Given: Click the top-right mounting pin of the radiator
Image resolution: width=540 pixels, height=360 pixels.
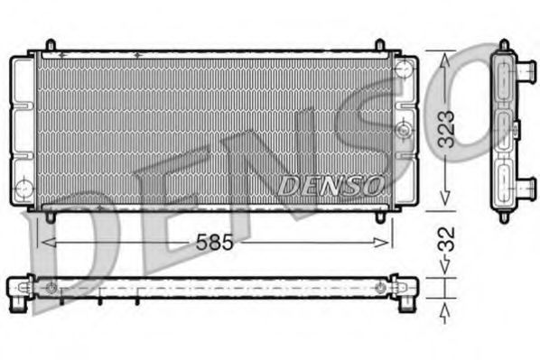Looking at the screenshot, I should [381, 45].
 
